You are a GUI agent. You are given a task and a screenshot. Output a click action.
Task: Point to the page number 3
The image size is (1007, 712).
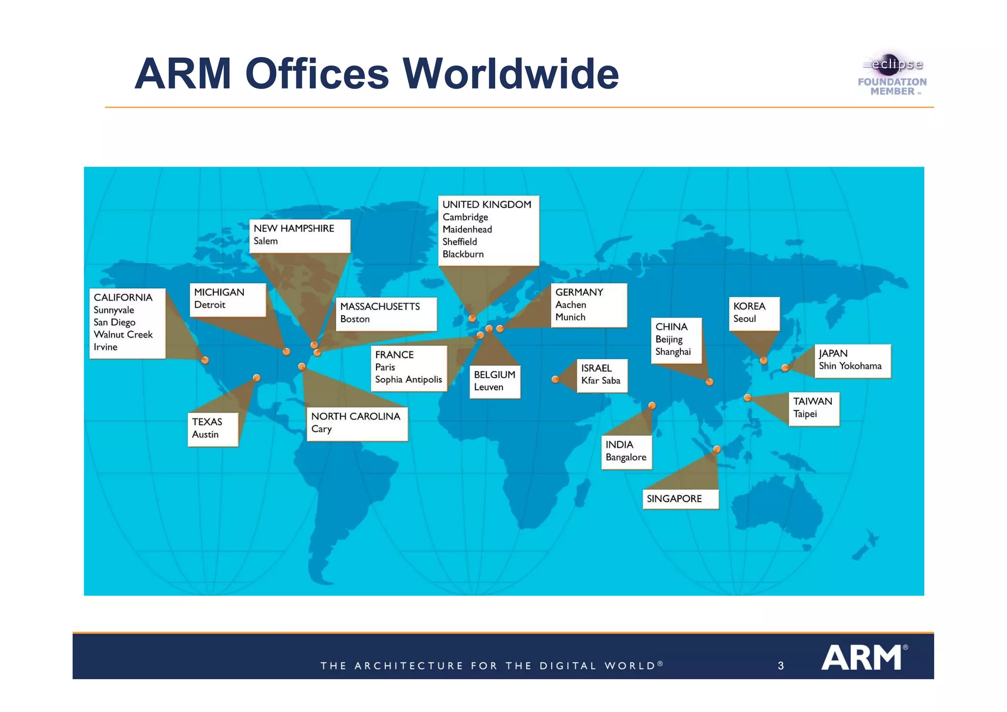coord(780,666)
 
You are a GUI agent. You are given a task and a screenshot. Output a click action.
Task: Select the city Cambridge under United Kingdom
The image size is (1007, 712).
coord(465,217)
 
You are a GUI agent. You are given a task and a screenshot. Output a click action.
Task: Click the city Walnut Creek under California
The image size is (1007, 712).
coord(123,335)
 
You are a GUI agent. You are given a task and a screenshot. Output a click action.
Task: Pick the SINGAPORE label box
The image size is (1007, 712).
coord(680,499)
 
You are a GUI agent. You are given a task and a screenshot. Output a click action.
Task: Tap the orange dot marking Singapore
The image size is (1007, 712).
coord(717,449)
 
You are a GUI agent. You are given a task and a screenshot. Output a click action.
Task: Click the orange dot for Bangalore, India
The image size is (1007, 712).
coord(652,406)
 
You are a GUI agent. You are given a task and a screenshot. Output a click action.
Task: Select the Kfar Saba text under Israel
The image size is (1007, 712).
coord(600,381)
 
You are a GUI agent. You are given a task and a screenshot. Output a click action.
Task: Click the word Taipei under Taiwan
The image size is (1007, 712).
coord(805,414)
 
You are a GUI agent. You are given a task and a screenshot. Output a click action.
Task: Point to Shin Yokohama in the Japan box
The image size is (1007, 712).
coord(850,366)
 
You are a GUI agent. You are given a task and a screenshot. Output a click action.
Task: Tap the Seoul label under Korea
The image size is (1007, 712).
coord(744,319)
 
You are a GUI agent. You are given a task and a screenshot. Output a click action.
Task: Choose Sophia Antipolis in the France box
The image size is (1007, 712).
coord(408,380)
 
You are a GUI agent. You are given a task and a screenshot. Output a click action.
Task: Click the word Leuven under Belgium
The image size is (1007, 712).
coord(488,387)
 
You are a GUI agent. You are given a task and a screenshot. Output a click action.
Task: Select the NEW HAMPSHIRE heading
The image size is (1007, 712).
coord(294,229)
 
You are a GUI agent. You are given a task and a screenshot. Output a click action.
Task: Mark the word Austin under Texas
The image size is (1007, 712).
coord(205,435)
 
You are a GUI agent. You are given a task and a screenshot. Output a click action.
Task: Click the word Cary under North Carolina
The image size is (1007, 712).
coord(321,429)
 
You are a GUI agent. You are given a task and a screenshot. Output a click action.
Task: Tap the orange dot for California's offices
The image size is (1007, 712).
coord(205,360)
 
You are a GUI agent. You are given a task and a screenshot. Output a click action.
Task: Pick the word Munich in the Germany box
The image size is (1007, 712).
coord(570,317)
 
